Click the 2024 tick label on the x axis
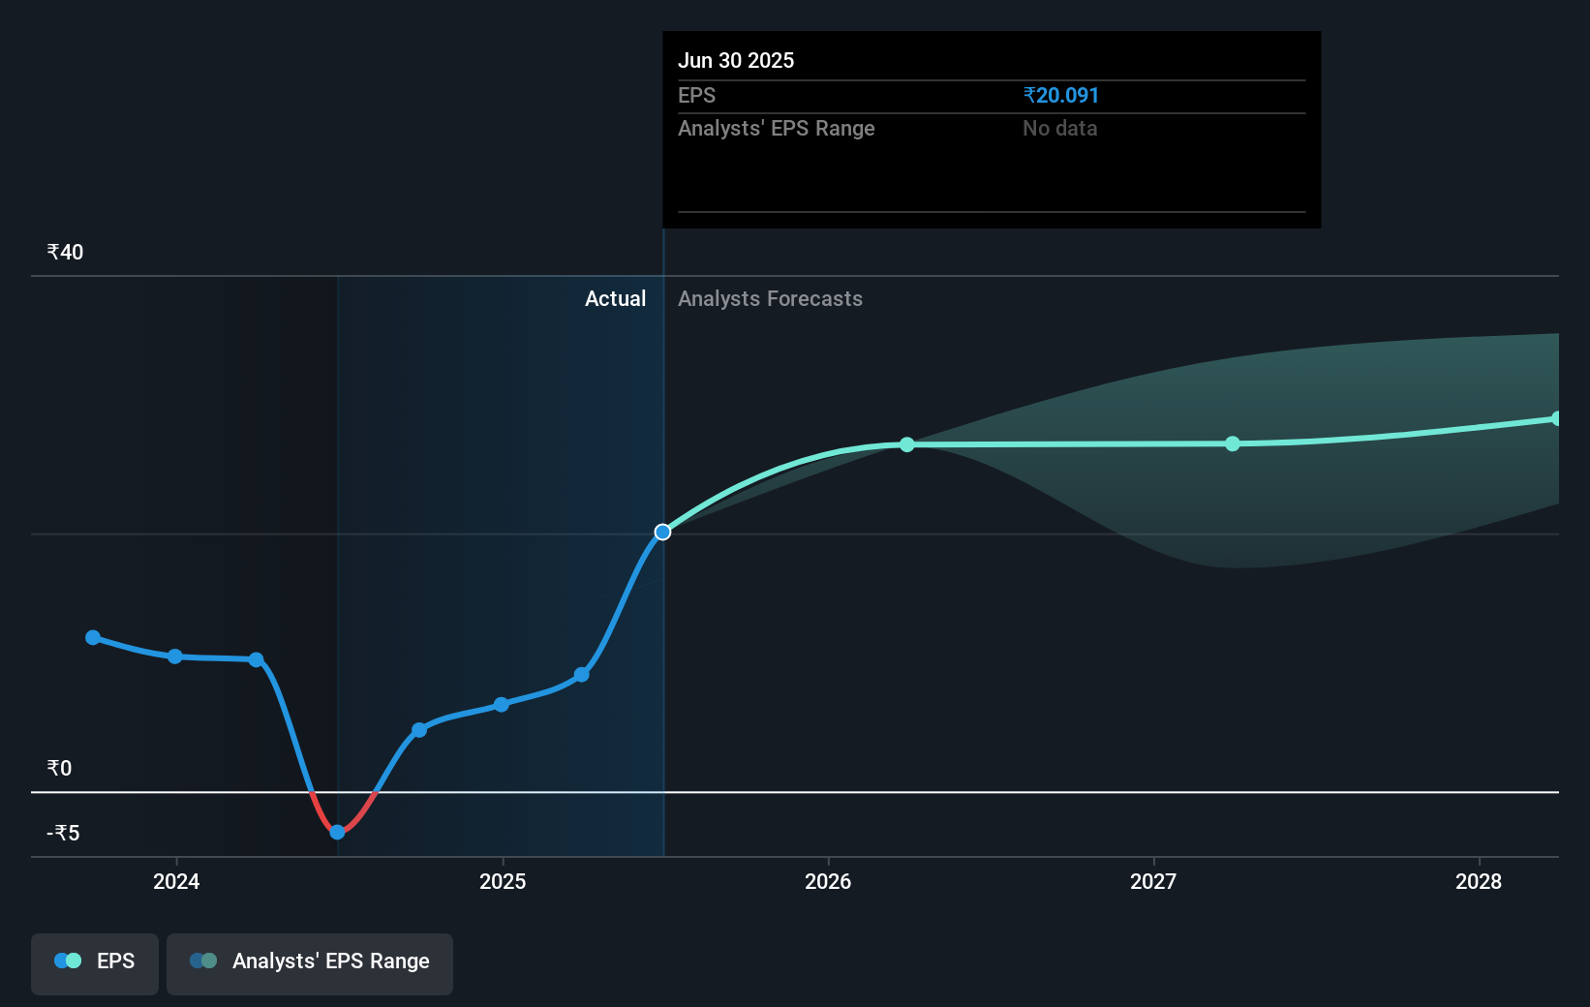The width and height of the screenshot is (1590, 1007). point(176,881)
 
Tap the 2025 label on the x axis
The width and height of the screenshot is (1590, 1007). point(503,881)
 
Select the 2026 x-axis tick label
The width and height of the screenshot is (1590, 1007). point(828,881)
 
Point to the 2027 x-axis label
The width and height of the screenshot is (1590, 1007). point(1153,881)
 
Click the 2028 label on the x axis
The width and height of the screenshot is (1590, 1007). point(1479,881)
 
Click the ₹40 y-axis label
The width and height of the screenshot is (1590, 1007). point(65,252)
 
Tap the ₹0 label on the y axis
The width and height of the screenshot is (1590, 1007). point(59,768)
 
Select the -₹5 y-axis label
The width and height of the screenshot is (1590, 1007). point(63,833)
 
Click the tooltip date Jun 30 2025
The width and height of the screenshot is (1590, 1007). point(736,60)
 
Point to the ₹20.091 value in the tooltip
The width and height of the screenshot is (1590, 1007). point(1060,95)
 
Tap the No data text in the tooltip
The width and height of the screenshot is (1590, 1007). point(1059,128)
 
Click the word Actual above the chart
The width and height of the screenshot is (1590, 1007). point(615,298)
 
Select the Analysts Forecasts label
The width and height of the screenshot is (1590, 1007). point(770,298)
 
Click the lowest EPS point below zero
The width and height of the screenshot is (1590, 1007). point(337,832)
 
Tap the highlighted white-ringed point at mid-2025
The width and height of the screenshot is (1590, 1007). point(662,532)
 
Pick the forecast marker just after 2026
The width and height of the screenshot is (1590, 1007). point(906,444)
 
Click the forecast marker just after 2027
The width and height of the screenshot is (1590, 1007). point(1232,443)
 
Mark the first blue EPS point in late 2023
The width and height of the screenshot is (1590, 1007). point(93,637)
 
